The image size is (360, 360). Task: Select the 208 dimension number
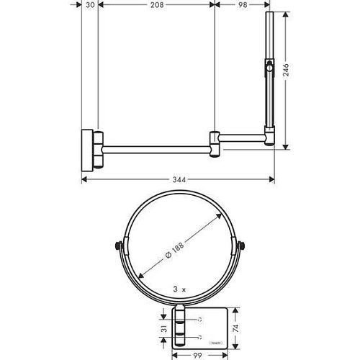(x=156, y=4)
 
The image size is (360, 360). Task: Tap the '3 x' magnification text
(x=180, y=287)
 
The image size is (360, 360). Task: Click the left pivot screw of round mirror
(x=118, y=247)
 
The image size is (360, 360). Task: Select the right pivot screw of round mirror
(x=243, y=247)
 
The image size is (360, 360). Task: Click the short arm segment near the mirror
(x=243, y=137)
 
